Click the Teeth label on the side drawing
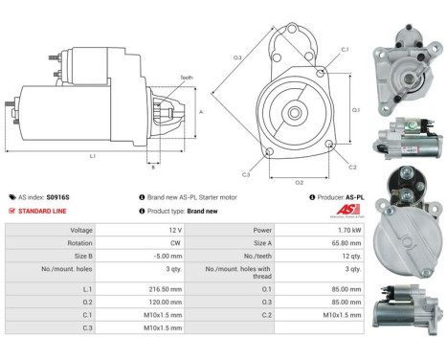186,78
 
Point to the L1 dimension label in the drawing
92,155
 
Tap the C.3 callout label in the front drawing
246,174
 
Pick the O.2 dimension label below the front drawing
299,182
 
